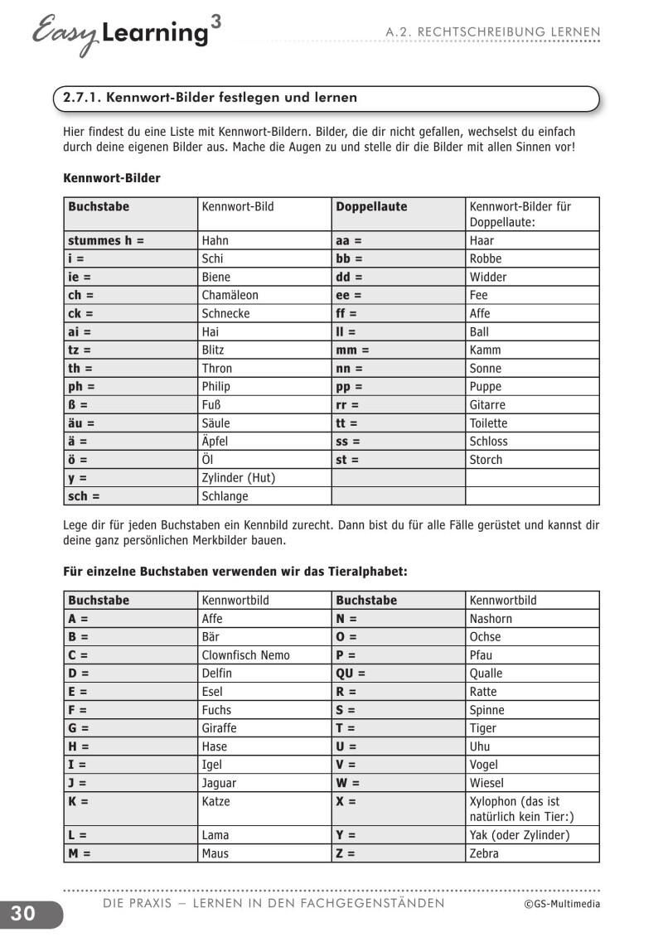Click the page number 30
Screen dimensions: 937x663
pyautogui.click(x=23, y=913)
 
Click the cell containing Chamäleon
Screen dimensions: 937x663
pyautogui.click(x=230, y=295)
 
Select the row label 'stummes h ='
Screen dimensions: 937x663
pyautogui.click(x=106, y=240)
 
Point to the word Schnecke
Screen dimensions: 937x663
pyautogui.click(x=225, y=313)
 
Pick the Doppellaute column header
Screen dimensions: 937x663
pyautogui.click(x=371, y=206)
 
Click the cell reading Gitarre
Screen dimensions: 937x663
pyautogui.click(x=487, y=404)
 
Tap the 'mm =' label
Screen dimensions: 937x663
pyautogui.click(x=352, y=350)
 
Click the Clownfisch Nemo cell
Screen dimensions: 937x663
pyautogui.click(x=246, y=654)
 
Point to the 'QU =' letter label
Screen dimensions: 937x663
pyautogui.click(x=350, y=673)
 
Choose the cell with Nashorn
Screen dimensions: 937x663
pyautogui.click(x=491, y=618)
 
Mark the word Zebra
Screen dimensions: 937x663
pyautogui.click(x=484, y=852)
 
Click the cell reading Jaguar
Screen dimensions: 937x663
pyautogui.click(x=219, y=782)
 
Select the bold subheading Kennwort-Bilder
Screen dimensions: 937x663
pyautogui.click(x=112, y=177)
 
